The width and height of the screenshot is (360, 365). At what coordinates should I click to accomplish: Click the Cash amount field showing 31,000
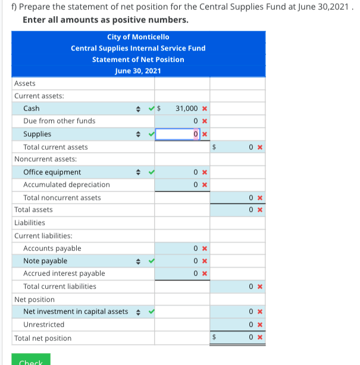pyautogui.click(x=181, y=108)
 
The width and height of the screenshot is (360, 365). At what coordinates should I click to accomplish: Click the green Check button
pyautogui.click(x=30, y=360)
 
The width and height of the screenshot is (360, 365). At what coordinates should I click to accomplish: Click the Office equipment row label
pyautogui.click(x=52, y=172)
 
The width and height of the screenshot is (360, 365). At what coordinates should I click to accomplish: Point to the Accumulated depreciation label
pyautogui.click(x=66, y=185)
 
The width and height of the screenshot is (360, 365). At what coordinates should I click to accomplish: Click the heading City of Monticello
pyautogui.click(x=138, y=37)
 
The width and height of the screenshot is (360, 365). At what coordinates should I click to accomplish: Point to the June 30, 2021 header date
pyautogui.click(x=138, y=71)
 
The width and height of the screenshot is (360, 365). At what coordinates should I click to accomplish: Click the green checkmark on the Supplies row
pyautogui.click(x=151, y=134)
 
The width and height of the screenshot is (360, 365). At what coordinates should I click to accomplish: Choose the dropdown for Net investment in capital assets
pyautogui.click(x=139, y=311)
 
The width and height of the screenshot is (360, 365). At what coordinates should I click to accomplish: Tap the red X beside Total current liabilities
pyautogui.click(x=260, y=286)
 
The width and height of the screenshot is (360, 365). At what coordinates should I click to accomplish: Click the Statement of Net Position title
pyautogui.click(x=138, y=60)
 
